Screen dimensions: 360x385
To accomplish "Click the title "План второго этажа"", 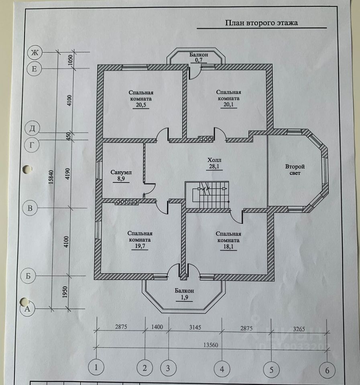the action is pyautogui.click(x=262, y=23).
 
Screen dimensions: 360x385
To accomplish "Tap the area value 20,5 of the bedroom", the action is pyautogui.click(x=141, y=105).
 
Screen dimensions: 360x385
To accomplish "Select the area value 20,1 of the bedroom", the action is pyautogui.click(x=228, y=105).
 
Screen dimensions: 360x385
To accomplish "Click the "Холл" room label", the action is pyautogui.click(x=215, y=160).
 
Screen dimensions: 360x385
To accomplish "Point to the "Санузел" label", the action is pyautogui.click(x=121, y=172).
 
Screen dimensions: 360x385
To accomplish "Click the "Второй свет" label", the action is pyautogui.click(x=295, y=170).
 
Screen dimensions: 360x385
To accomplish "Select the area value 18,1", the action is pyautogui.click(x=228, y=247).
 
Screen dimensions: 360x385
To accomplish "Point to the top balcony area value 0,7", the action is pyautogui.click(x=199, y=60).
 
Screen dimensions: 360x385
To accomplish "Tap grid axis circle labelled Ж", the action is pyautogui.click(x=35, y=53).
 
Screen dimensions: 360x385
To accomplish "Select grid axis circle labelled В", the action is pyautogui.click(x=30, y=208).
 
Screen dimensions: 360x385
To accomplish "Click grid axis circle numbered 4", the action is pyautogui.click(x=222, y=369).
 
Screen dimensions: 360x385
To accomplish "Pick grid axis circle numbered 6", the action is pyautogui.click(x=327, y=370).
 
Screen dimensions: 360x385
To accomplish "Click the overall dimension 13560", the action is pyautogui.click(x=211, y=345).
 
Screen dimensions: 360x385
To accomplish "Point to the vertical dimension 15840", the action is pyautogui.click(x=51, y=177).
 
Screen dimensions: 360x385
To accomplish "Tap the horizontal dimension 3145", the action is pyautogui.click(x=195, y=327).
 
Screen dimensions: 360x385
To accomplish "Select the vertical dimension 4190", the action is pyautogui.click(x=68, y=174).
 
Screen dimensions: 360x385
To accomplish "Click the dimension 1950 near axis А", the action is pyautogui.click(x=65, y=292).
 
